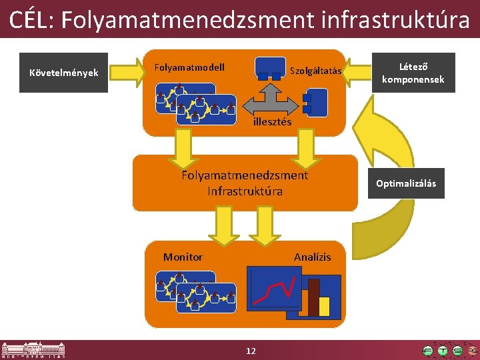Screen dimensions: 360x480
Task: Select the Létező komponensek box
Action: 413,73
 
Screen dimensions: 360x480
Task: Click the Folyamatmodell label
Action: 189,67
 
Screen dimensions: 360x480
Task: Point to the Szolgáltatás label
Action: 315,71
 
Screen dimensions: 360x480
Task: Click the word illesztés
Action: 272,122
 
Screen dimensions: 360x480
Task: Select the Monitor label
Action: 183,257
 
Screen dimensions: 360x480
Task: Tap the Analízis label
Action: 312,257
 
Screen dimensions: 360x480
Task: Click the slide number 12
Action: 251,351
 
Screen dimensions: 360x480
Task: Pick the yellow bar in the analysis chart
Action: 325,306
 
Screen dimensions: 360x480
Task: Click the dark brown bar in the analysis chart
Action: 313,297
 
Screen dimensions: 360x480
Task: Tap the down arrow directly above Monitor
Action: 223,225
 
